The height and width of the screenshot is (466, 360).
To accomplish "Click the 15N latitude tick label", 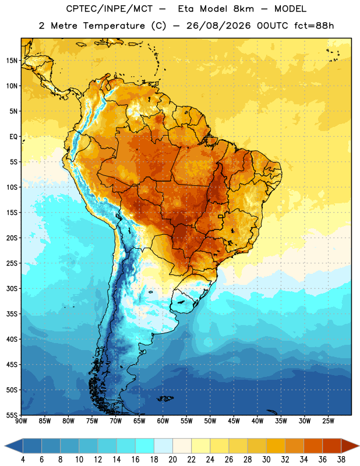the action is tap(12, 61).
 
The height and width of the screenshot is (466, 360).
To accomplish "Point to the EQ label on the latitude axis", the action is tap(13, 137).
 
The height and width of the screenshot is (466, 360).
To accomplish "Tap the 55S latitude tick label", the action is tap(12, 415).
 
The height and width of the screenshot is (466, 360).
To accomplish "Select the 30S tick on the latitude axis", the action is tap(12, 288).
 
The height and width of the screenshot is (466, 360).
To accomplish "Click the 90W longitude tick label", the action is tap(21, 421).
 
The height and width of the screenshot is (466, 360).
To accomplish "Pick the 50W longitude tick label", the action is tap(210, 421).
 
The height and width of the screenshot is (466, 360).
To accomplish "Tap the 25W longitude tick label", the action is tap(328, 421).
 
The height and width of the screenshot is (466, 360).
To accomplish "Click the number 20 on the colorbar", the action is tap(172, 460).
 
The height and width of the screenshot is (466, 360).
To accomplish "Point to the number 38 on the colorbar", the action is tap(341, 460).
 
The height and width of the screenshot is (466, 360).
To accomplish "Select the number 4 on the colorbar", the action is tap(23, 460).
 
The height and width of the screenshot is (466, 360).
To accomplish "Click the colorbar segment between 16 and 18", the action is tap(144, 446).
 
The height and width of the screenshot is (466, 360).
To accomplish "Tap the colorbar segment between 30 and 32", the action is tap(276, 446).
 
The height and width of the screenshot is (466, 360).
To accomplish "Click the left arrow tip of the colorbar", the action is tap(5, 446).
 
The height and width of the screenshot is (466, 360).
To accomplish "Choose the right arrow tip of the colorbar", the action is tap(359, 446).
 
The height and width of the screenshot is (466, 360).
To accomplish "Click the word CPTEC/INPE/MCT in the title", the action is tap(109, 9).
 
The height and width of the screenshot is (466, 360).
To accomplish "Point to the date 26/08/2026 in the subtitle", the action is tap(218, 26).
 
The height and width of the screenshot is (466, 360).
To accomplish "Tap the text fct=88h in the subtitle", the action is tap(314, 26).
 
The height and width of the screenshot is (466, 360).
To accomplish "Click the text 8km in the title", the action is tap(243, 9).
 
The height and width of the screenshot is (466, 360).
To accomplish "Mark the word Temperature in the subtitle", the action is tap(114, 26).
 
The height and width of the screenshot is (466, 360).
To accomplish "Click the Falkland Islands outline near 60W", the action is tap(165, 398).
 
